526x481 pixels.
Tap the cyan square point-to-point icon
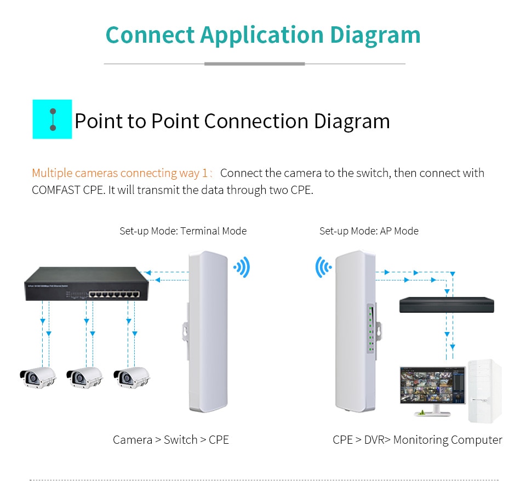click(x=53, y=119)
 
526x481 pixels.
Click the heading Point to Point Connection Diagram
click(x=232, y=121)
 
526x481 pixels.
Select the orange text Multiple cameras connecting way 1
click(x=120, y=173)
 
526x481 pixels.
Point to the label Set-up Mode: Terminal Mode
click(x=183, y=231)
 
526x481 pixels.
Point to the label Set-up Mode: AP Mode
click(x=369, y=231)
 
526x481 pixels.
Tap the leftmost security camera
click(x=38, y=377)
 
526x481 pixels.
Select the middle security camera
click(x=84, y=377)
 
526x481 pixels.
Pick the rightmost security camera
click(x=131, y=377)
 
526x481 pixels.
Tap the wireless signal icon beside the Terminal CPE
click(x=242, y=267)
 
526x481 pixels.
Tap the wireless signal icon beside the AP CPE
click(x=323, y=267)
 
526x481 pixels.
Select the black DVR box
click(x=446, y=305)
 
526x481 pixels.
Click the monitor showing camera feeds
click(x=432, y=386)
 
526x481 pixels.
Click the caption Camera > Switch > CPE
click(x=171, y=439)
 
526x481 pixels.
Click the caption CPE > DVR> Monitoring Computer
click(x=417, y=439)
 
